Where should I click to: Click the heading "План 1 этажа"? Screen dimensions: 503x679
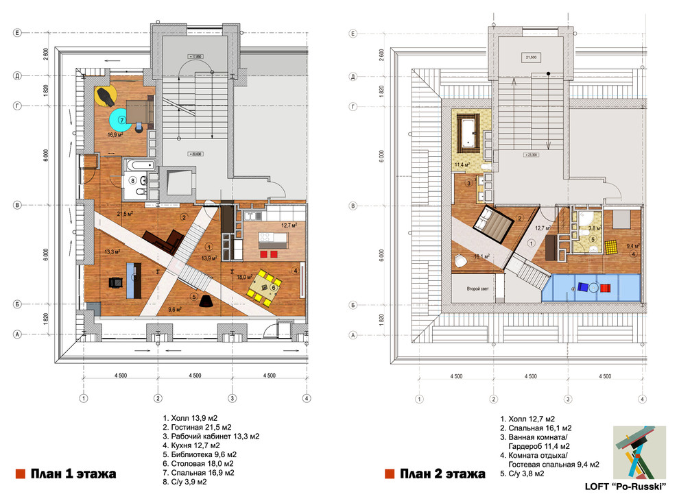tap(73, 474)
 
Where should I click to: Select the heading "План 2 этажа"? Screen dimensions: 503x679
tap(442, 474)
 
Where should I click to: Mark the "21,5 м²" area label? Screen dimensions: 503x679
tap(124, 214)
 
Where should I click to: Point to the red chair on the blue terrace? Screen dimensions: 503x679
tap(604, 288)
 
